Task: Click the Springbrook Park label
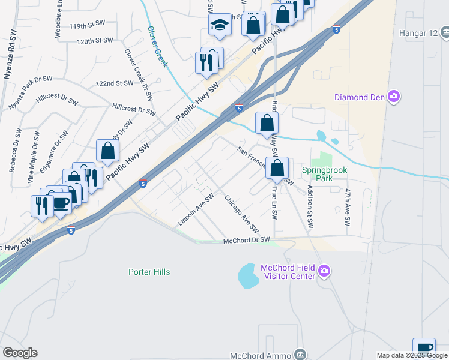(324, 174)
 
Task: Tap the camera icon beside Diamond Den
(394, 97)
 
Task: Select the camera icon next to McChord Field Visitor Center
(324, 272)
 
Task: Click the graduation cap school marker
(220, 25)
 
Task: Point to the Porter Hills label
(149, 272)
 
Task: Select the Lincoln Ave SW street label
(196, 210)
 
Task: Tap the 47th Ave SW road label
(347, 207)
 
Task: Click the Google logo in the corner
(20, 353)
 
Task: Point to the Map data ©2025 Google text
(412, 355)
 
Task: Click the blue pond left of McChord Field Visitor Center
(249, 276)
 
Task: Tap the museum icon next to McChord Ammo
(300, 355)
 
